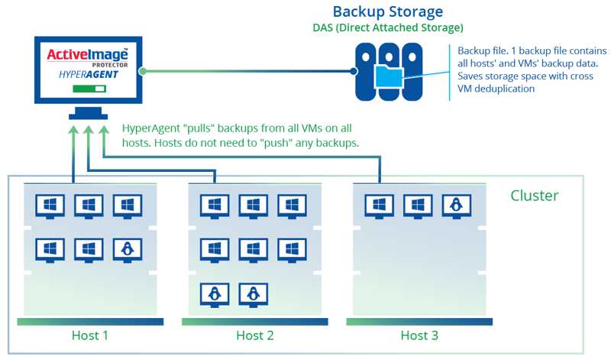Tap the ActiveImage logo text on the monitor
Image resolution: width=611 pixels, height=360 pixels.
click(88, 54)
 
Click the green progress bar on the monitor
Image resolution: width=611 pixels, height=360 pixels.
click(88, 89)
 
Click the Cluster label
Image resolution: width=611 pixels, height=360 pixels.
click(535, 196)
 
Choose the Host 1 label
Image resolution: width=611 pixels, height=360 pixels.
click(90, 336)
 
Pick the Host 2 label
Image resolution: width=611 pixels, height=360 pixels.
click(255, 336)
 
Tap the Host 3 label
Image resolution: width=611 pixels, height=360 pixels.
click(419, 336)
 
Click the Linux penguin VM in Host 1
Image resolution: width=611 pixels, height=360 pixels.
click(128, 248)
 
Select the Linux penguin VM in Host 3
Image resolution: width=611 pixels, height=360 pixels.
click(456, 205)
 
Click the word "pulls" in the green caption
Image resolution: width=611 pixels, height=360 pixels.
click(199, 128)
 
